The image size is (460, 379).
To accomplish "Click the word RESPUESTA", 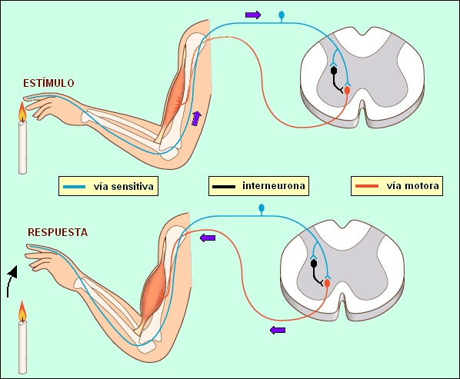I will point(57,231).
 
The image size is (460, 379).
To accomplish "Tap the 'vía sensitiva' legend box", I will point(109,185).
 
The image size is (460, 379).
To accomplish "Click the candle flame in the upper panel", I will point(22,114).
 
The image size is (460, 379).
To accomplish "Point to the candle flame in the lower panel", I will point(22,312).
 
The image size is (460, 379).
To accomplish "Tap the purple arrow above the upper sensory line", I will point(253,14).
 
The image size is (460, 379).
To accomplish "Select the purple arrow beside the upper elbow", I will point(197,117).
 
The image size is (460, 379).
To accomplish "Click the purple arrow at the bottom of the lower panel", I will point(278,330).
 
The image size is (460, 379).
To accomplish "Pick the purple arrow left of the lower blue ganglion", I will point(208,238).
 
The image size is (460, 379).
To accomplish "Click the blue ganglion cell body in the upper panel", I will point(281,14).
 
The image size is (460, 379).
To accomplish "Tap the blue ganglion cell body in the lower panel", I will point(261,208).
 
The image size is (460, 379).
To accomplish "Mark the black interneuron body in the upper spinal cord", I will point(334,71).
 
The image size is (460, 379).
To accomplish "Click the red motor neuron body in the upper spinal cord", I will point(347,91).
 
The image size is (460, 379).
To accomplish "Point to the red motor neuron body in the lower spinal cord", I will point(327,284).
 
